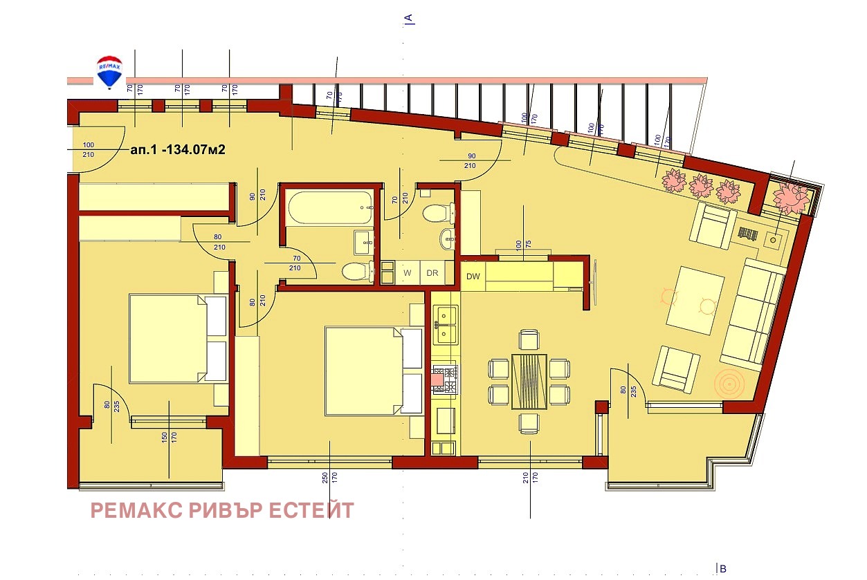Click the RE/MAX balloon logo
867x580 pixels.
tap(109, 72)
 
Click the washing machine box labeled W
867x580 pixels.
tap(408, 272)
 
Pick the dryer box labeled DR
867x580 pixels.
tap(432, 272)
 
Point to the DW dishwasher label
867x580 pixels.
tap(473, 277)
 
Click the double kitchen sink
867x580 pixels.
tap(445, 325)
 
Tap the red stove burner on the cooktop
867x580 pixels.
tap(437, 377)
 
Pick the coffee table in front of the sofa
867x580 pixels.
tap(695, 301)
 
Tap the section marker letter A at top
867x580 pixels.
tap(409, 18)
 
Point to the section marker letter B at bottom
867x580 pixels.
tap(722, 568)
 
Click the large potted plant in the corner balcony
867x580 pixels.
tap(790, 197)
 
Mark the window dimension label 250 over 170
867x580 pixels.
tap(325, 477)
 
